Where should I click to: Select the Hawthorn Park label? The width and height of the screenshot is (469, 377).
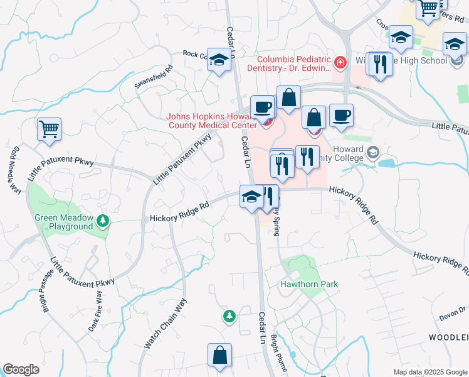click(x=308, y=284)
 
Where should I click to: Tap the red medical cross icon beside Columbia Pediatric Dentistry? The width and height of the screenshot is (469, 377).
click(x=340, y=62)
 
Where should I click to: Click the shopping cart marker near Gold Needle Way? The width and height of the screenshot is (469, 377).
click(x=49, y=129)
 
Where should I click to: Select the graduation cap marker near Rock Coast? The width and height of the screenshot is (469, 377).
click(x=219, y=60)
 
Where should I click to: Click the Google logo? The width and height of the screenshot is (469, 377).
click(x=21, y=369)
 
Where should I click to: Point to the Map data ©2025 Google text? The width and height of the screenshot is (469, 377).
click(x=429, y=372)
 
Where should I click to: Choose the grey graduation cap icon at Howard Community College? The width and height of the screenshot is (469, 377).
click(x=373, y=153)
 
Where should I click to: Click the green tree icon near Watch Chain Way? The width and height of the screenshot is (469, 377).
click(x=229, y=314)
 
